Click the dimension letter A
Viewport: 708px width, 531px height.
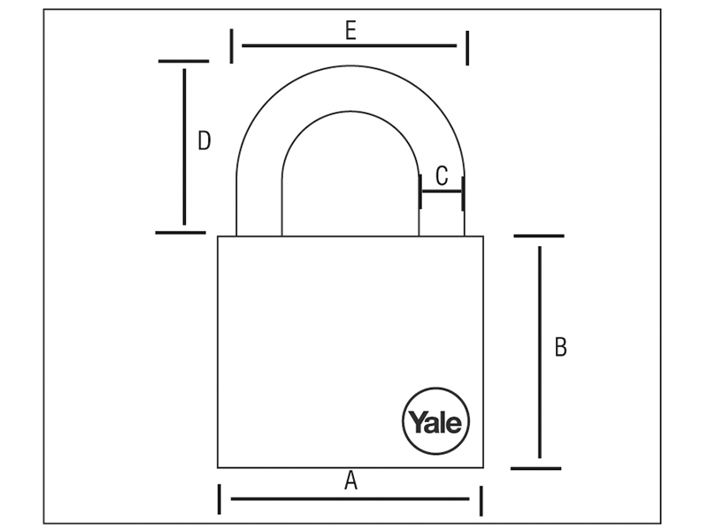click(350, 481)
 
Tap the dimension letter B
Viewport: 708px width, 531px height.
click(560, 347)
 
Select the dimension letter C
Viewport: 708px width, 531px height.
click(442, 176)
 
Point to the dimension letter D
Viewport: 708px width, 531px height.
click(204, 141)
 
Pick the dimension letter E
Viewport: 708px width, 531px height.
click(350, 31)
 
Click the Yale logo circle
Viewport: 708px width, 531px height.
click(435, 421)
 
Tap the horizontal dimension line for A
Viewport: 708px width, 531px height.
click(350, 499)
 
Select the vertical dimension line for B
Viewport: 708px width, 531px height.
click(540, 352)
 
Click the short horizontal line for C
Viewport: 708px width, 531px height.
click(442, 191)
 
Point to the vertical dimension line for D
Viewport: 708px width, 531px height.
click(184, 147)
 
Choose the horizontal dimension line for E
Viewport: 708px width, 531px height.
click(350, 46)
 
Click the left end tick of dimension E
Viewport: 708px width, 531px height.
click(232, 46)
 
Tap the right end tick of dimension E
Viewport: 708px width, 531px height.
click(467, 48)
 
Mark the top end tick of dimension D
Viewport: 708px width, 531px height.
click(184, 61)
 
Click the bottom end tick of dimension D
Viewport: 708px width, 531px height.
click(181, 233)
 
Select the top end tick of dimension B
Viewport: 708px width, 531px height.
click(539, 235)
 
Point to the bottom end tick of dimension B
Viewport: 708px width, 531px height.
click(536, 469)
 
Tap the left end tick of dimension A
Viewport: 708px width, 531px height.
click(219, 499)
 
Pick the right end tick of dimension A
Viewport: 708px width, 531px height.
click(481, 501)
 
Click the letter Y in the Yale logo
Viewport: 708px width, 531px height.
click(416, 422)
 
